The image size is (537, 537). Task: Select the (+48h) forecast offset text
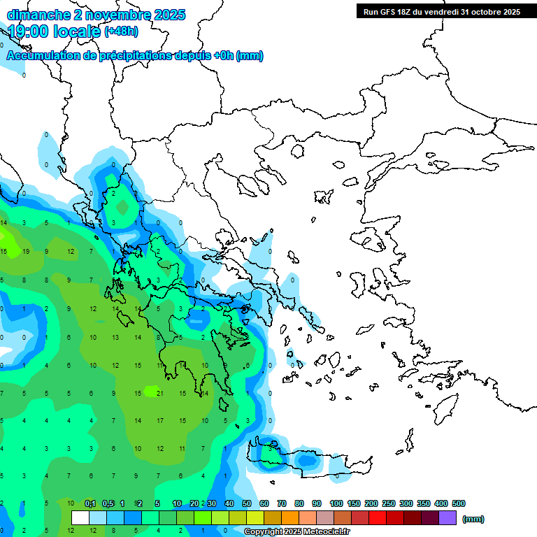(121, 31)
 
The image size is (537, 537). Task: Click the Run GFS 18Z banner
(441, 12)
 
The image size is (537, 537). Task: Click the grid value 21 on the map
(160, 394)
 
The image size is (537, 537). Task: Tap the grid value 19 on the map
(26, 251)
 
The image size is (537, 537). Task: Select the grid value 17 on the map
(160, 421)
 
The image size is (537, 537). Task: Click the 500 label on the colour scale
(458, 503)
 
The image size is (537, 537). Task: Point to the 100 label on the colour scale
(336, 503)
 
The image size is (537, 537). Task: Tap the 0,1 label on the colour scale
(89, 503)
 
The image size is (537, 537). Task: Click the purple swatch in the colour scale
(447, 518)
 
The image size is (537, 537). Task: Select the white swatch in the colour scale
(80, 518)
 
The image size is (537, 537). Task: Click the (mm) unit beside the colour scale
(473, 519)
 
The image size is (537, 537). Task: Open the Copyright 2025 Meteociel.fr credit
(297, 532)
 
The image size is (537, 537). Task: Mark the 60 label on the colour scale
(264, 503)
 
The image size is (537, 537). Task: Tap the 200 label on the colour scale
(371, 503)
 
